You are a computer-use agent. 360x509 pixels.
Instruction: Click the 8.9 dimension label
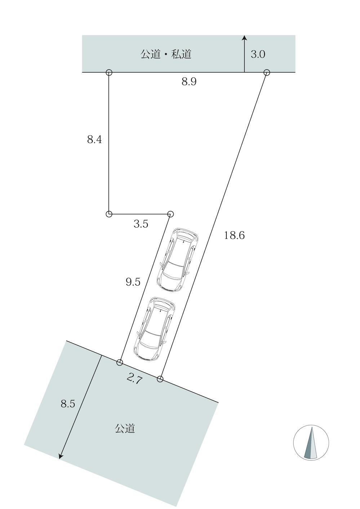pyautogui.click(x=189, y=81)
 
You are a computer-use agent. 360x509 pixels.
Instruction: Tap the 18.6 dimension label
pyautogui.click(x=234, y=235)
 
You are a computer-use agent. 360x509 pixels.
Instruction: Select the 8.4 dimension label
pyautogui.click(x=94, y=139)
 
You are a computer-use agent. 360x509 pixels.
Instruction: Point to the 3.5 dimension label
pyautogui.click(x=141, y=224)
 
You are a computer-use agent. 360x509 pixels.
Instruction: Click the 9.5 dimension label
pyautogui.click(x=133, y=282)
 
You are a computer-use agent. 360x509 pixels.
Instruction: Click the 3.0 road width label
pyautogui.click(x=258, y=54)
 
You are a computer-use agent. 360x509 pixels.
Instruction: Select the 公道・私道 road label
pyautogui.click(x=166, y=54)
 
